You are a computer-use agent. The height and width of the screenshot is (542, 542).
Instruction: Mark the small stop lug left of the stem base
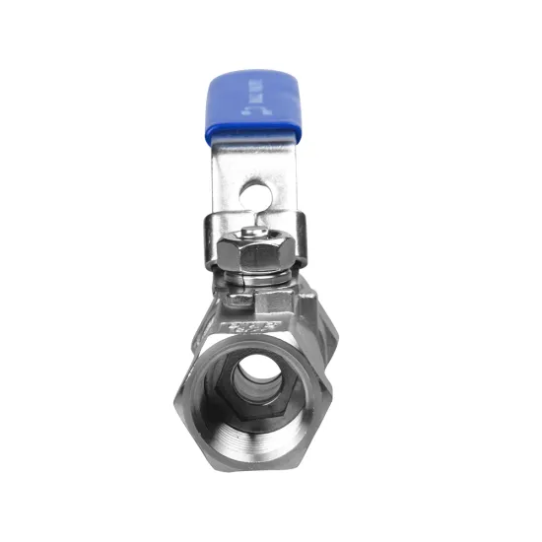[x=234, y=293]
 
